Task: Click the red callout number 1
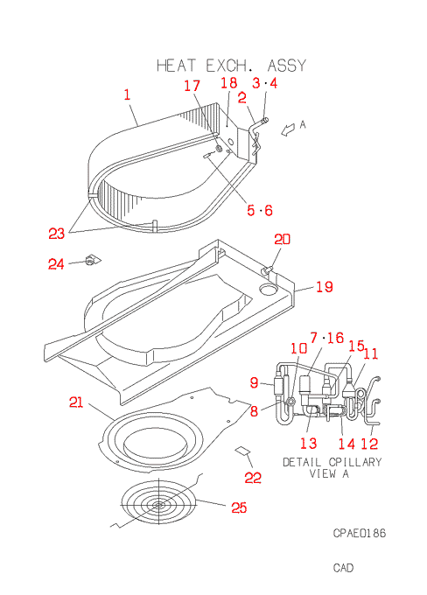point(127,94)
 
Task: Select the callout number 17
point(192,86)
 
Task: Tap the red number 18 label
point(229,83)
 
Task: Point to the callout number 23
point(57,234)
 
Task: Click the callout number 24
point(56,263)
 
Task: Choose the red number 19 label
point(325,287)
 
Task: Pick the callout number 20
point(282,239)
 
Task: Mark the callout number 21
point(76,402)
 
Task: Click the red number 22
point(253,478)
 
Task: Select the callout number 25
point(239,507)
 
